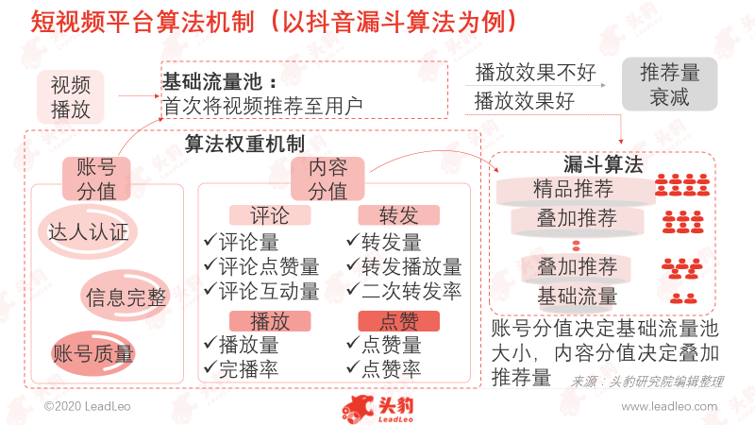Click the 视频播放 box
click(x=70, y=97)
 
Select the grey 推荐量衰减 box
click(x=669, y=84)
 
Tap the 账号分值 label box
click(x=96, y=178)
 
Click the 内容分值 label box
click(x=327, y=178)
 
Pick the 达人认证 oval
click(x=88, y=232)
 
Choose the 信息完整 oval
click(x=126, y=296)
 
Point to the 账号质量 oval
click(x=92, y=353)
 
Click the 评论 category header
click(x=270, y=215)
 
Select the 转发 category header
click(x=398, y=215)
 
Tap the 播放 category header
click(x=270, y=321)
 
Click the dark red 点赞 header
click(x=398, y=321)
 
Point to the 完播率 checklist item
click(x=242, y=368)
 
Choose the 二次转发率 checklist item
click(x=405, y=291)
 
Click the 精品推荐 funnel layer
click(x=576, y=189)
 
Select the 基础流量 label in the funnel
click(x=578, y=296)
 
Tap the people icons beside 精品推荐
click(x=682, y=184)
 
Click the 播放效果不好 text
click(x=535, y=73)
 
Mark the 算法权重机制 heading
click(x=244, y=144)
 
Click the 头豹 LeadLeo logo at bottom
click(x=378, y=410)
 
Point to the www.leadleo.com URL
click(x=669, y=406)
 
